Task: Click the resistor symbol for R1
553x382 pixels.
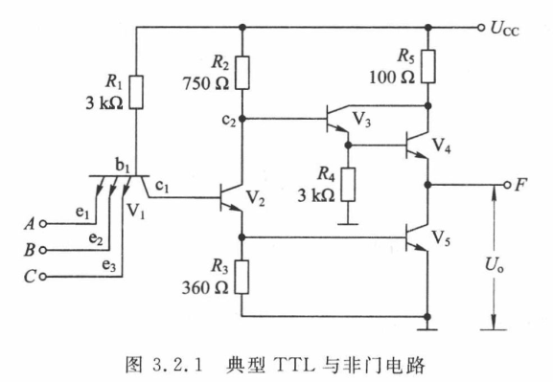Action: coord(136,92)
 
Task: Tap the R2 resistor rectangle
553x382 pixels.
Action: coord(242,72)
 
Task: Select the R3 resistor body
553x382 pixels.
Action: coord(242,277)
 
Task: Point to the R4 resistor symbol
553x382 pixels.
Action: coord(348,185)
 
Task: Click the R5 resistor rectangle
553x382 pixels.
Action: coord(428,66)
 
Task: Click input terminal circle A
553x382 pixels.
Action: coord(43,224)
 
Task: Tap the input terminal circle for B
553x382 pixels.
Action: coord(43,250)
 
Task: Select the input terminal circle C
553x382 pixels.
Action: coord(43,277)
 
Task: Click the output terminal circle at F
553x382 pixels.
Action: coord(507,185)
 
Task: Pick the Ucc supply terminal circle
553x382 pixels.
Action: coord(481,28)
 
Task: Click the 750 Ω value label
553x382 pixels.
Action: coord(206,84)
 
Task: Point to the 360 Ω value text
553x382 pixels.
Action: coord(205,288)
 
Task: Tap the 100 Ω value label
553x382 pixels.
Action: coord(392,78)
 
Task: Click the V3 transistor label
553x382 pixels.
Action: coord(362,120)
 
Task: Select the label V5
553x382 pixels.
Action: coord(441,238)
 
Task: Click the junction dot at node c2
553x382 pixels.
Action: coord(242,119)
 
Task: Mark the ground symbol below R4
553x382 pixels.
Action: coord(348,224)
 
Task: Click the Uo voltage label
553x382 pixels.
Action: coord(495,264)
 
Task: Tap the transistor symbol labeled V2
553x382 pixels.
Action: coord(231,197)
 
